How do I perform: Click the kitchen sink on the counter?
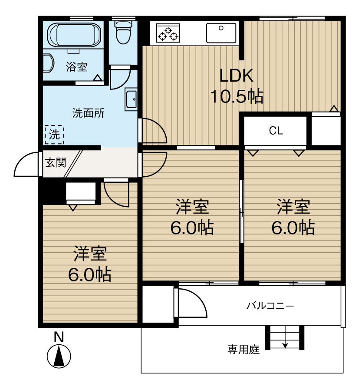221,33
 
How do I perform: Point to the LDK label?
236,76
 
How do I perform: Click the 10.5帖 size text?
237,96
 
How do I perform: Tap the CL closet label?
276,131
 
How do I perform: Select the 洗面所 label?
88,113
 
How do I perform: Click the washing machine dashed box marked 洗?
54,135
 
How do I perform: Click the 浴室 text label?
76,67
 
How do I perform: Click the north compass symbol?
59,355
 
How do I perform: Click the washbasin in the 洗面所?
131,100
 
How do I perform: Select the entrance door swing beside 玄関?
27,165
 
